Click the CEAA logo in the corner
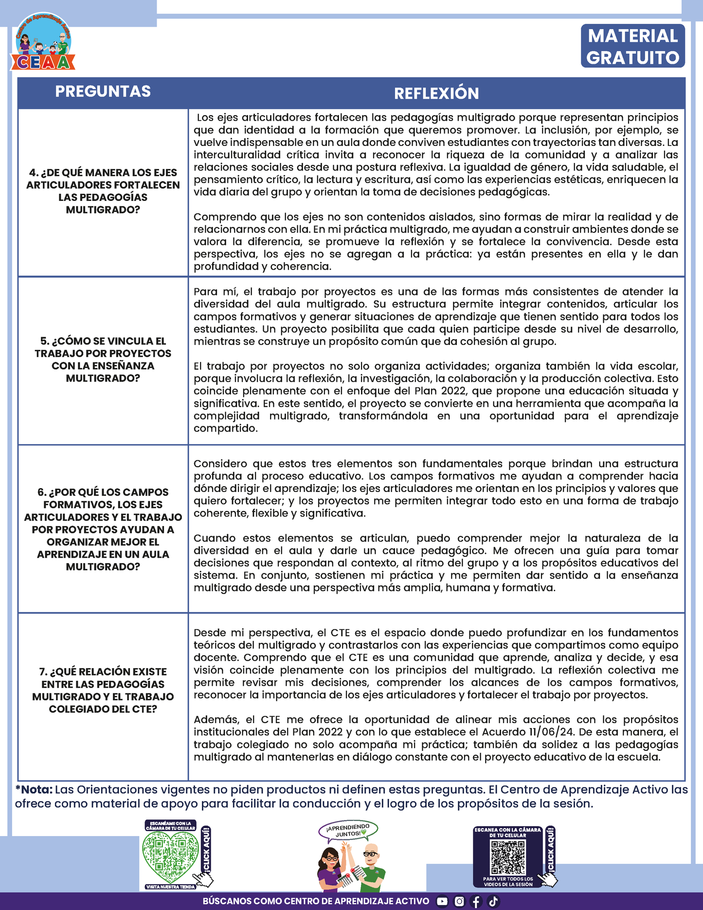43,43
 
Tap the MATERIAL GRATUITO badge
632,46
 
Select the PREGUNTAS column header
103,91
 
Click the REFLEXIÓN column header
436,93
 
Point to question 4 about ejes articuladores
103,191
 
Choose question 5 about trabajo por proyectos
103,360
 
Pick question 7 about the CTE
103,690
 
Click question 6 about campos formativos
103,529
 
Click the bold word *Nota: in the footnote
34,789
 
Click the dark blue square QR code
508,856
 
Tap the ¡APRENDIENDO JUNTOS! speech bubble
348,831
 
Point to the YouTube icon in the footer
442,901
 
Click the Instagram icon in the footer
459,901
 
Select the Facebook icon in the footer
476,901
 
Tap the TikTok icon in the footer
493,901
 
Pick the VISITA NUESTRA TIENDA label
170,887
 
